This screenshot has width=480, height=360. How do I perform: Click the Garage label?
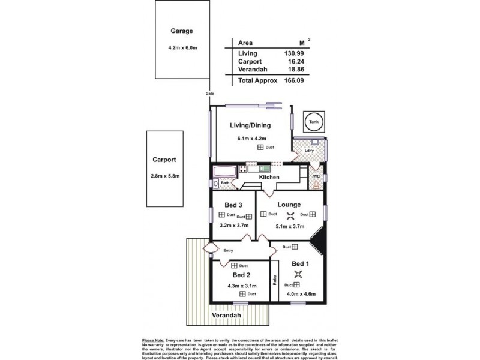(181, 31)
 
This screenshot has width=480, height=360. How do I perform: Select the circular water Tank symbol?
(314, 122)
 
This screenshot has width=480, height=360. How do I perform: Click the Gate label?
(210, 94)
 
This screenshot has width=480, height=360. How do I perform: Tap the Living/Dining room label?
(251, 125)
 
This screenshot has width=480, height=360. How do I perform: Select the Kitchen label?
(270, 178)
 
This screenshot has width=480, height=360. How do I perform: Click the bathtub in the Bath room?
(226, 170)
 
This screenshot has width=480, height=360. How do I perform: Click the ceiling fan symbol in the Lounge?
(290, 216)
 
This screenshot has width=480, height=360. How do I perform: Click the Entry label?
(228, 251)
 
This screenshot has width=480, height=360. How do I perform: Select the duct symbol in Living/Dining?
(260, 147)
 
